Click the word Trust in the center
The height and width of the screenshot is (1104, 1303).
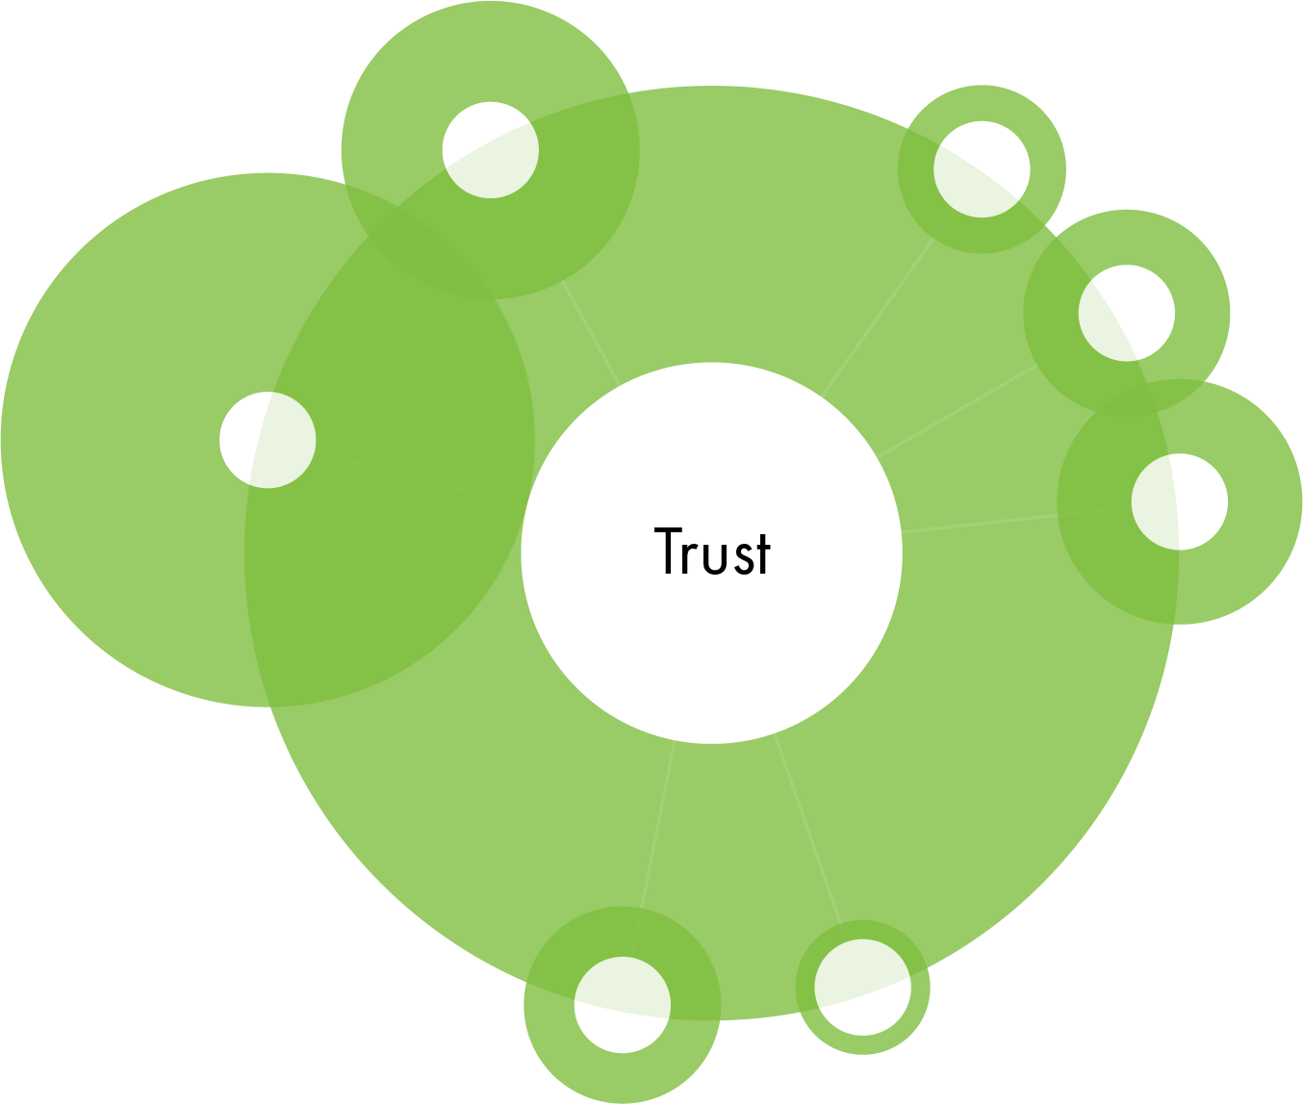[712, 552]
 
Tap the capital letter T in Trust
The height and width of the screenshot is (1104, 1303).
[668, 551]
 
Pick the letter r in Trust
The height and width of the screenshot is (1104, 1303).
[692, 555]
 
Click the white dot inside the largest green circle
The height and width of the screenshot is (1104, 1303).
[268, 440]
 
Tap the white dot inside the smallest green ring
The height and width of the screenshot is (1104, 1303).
[862, 988]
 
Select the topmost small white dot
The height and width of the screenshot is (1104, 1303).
[491, 150]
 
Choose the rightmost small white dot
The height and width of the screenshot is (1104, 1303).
[1180, 501]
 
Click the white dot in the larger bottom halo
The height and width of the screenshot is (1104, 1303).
[623, 1005]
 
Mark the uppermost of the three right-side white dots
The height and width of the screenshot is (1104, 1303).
[982, 169]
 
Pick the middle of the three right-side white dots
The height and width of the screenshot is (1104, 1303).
[1127, 313]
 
